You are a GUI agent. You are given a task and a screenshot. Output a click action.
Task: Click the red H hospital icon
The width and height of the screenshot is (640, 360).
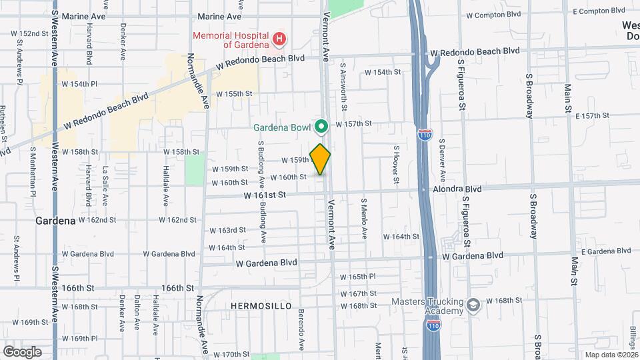click(x=279, y=39)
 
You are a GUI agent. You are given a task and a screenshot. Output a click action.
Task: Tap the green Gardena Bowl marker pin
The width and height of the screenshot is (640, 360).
click(x=321, y=126)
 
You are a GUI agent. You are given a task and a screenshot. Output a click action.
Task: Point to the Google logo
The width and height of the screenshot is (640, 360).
click(x=21, y=351)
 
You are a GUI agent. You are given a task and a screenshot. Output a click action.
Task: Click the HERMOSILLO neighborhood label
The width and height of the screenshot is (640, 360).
click(x=261, y=305)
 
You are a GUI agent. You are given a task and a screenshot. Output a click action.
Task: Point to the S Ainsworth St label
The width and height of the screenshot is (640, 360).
click(x=344, y=86)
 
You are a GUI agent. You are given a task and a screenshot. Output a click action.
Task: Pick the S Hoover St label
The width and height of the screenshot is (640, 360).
click(x=395, y=165)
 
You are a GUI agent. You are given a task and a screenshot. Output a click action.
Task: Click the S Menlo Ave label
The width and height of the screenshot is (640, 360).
click(x=364, y=219)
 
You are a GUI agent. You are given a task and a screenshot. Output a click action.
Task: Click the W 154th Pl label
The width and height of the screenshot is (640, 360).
click(x=80, y=84)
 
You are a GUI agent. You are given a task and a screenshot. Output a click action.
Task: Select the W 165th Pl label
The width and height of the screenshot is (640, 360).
click(x=358, y=277)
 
